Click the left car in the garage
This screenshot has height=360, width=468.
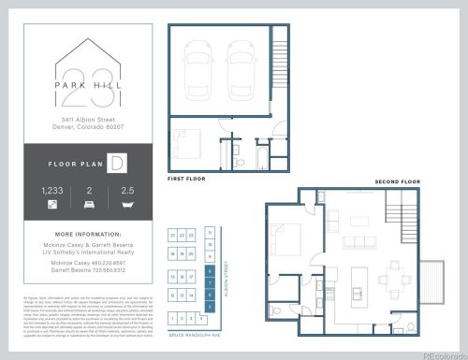[201, 69]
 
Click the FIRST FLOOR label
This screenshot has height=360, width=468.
[187, 178]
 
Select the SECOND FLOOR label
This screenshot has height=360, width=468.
[397, 181]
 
